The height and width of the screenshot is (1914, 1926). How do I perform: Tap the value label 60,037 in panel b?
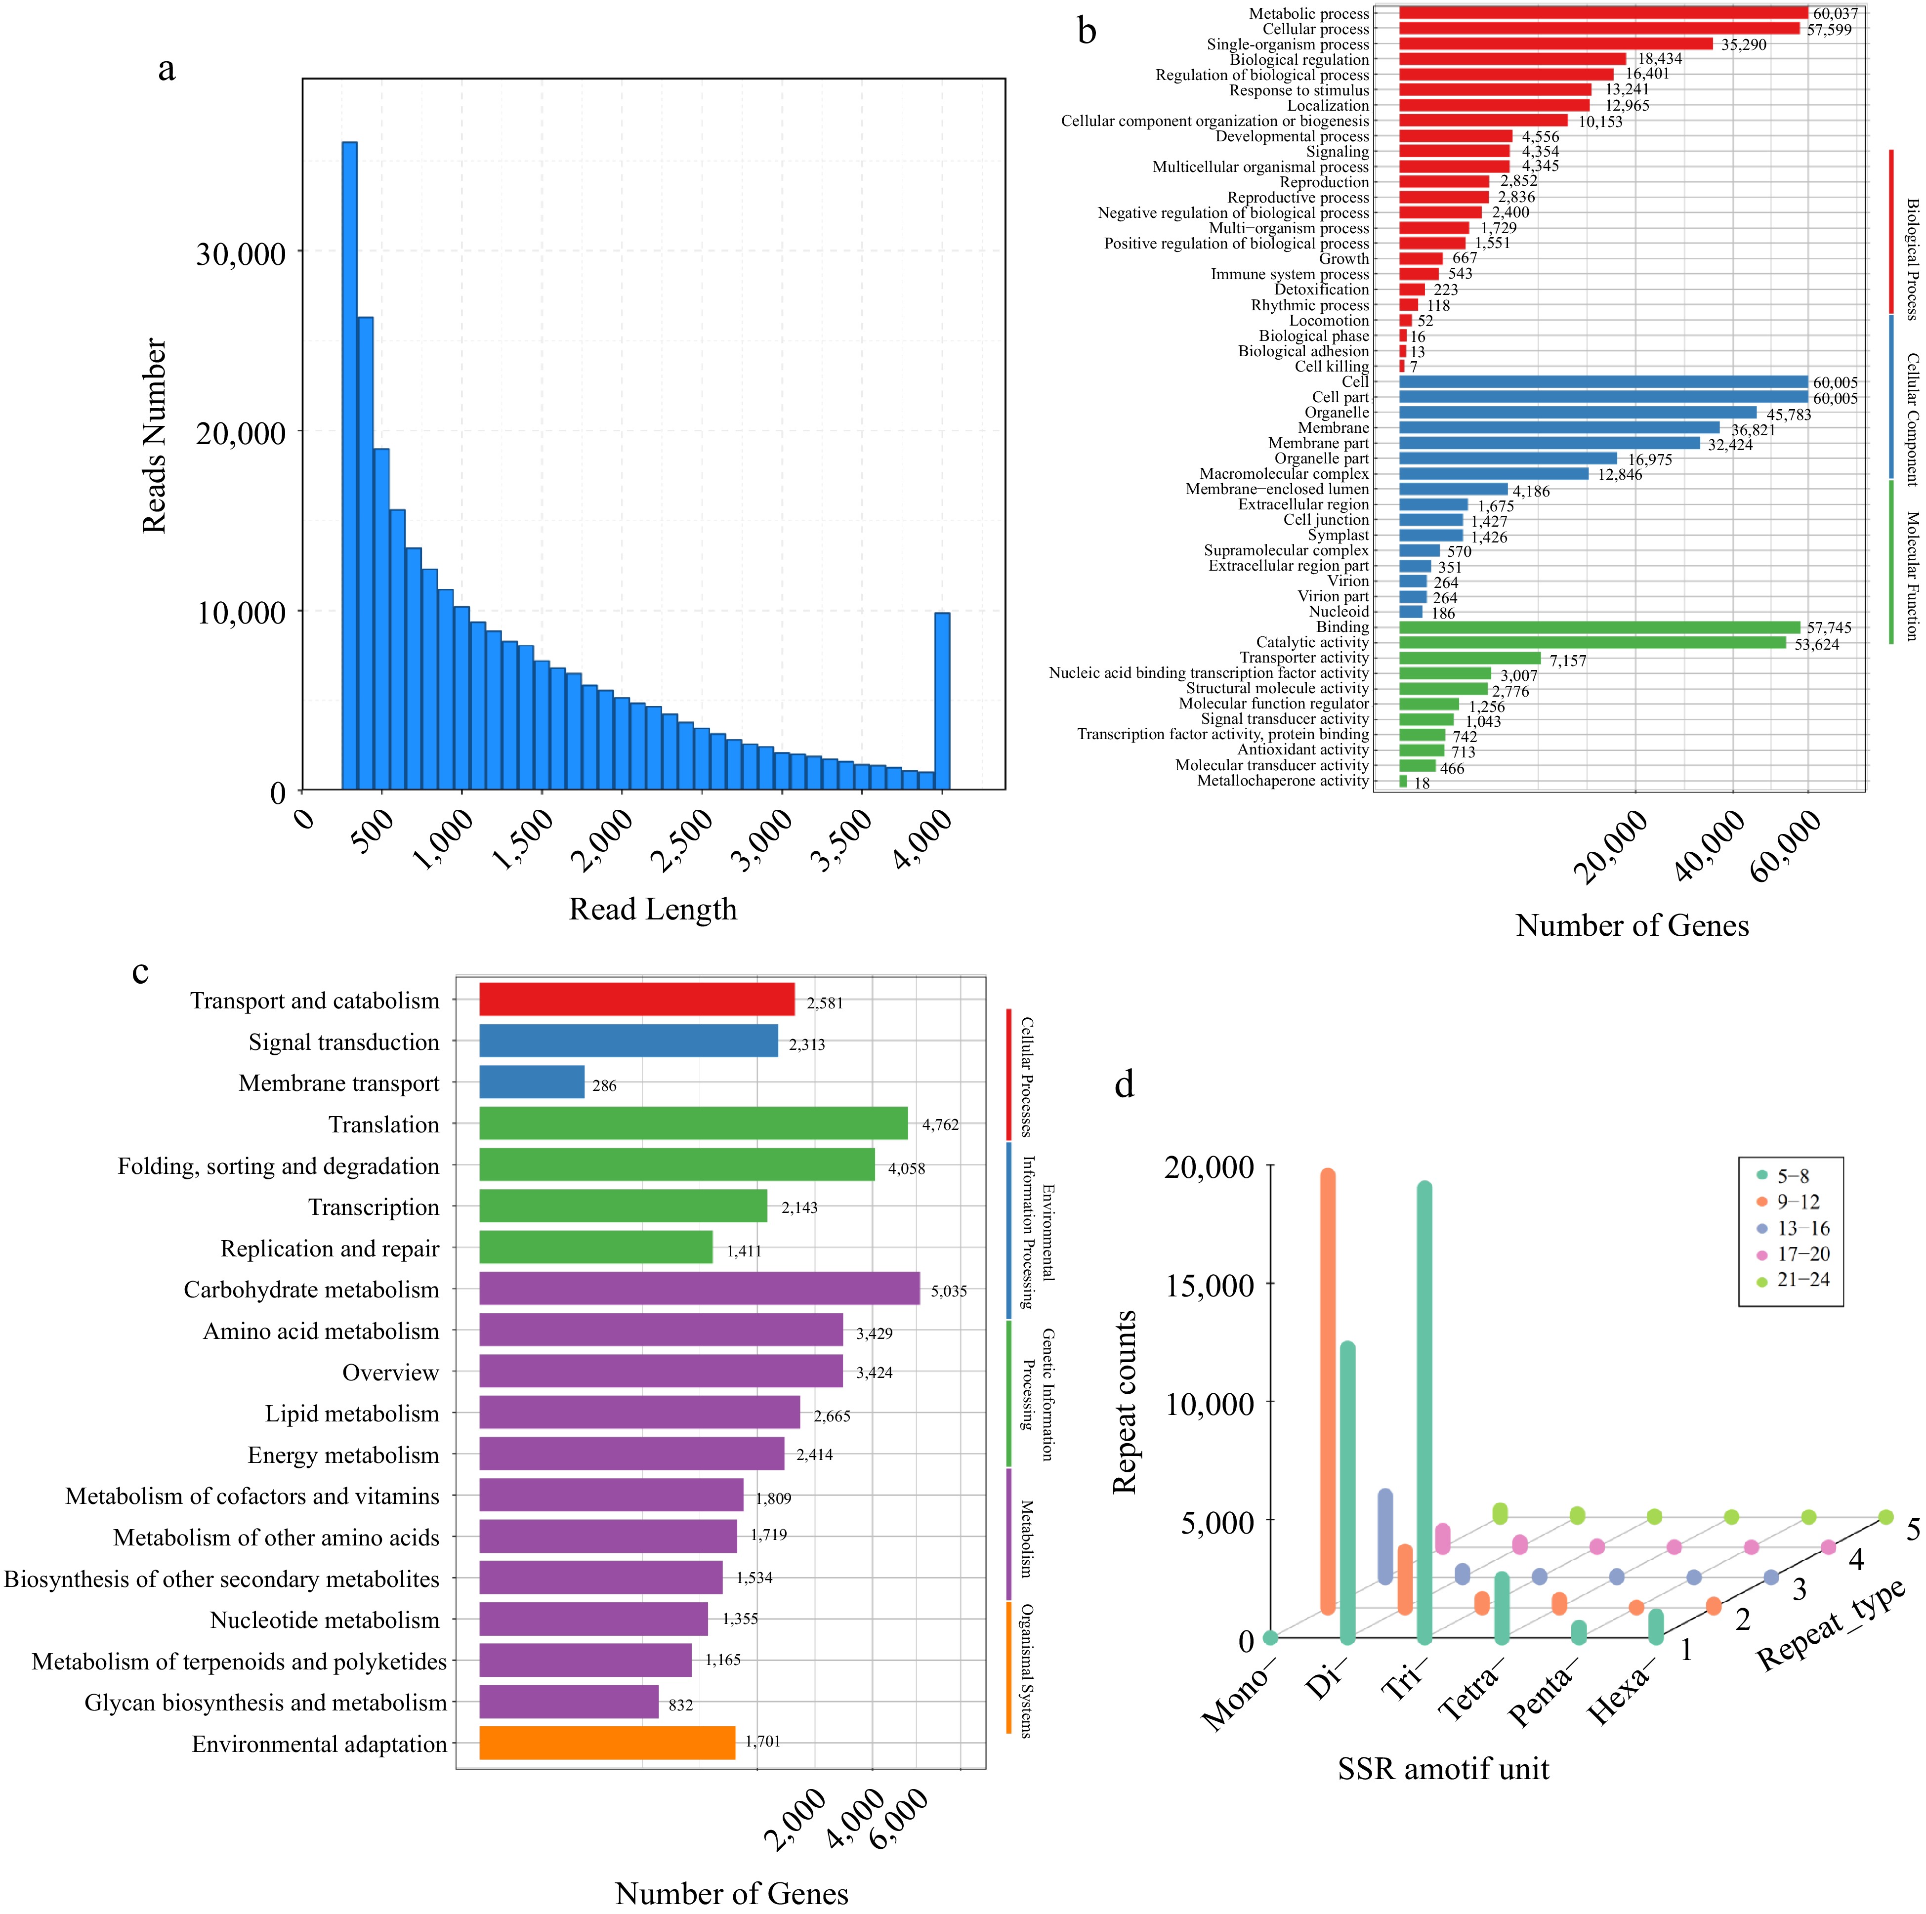click(x=1835, y=14)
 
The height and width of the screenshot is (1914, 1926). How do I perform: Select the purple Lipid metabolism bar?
click(x=639, y=1413)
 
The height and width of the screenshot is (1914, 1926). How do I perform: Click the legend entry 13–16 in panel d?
click(x=1802, y=1228)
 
